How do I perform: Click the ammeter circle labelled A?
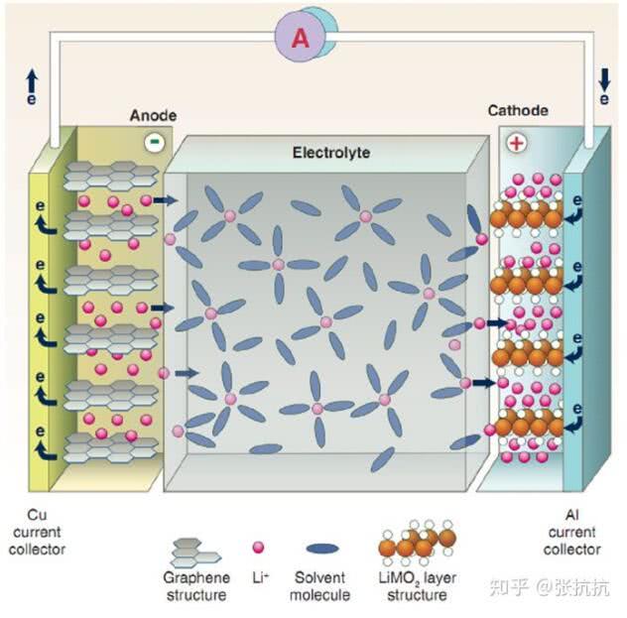pos(300,38)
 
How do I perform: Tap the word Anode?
pos(154,116)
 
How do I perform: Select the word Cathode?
pos(518,111)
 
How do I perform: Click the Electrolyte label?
pos(331,154)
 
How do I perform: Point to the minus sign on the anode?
pos(154,142)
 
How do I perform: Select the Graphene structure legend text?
pos(195,586)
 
